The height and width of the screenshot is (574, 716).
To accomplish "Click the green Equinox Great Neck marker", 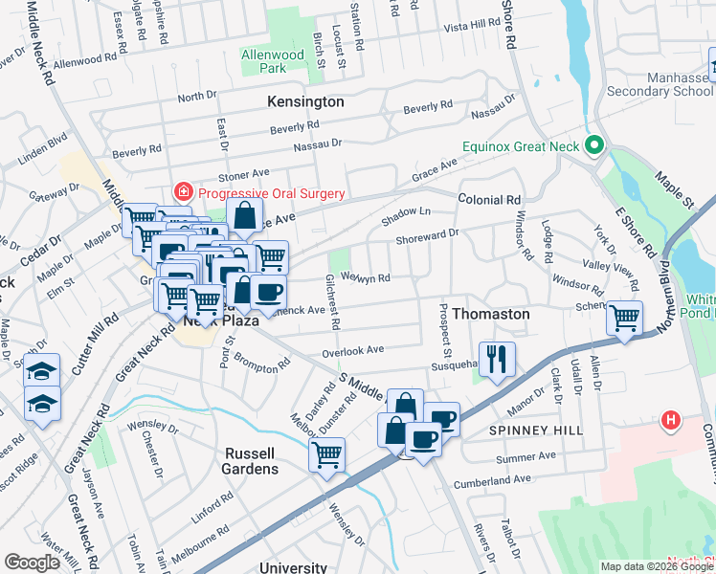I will tap(594, 146).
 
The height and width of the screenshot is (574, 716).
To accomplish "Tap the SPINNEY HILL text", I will tap(536, 431).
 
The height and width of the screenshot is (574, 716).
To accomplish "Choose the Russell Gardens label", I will tap(252, 460).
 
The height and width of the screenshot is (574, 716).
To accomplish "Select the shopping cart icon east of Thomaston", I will tap(624, 316).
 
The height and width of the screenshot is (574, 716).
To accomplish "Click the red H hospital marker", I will tap(670, 420).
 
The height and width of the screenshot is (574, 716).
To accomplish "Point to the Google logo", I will tap(33, 563).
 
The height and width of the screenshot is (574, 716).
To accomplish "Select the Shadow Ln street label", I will tap(407, 218).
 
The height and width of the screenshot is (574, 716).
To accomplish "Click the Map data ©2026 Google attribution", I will tap(656, 566).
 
